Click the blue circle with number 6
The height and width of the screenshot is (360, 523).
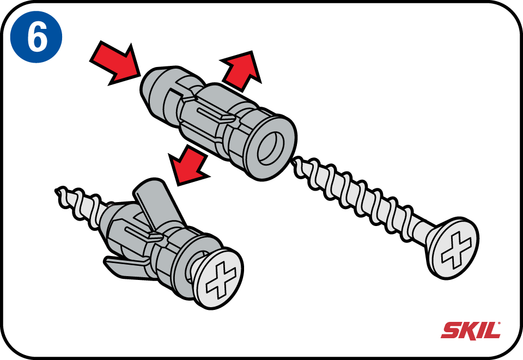point(37,36)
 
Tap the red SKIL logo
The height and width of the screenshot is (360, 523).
point(471,331)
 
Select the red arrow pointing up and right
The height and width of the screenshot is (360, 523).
point(241,70)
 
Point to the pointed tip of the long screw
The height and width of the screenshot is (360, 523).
point(296,163)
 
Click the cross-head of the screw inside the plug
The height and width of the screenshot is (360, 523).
point(218,278)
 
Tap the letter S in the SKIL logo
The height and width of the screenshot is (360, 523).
point(451,331)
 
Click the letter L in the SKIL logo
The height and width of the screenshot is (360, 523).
point(492,331)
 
